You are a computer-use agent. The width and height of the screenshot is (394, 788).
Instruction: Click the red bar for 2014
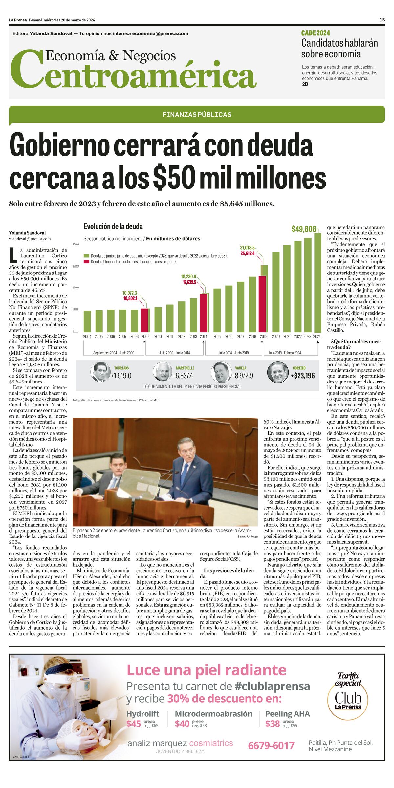tap(204, 313)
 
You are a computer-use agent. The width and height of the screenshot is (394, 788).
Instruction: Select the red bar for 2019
tap(262, 304)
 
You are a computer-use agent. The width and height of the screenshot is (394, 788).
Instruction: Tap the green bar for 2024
tap(317, 283)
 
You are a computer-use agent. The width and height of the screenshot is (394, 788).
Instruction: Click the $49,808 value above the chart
tap(304, 229)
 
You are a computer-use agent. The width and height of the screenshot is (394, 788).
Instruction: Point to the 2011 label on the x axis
tap(170, 336)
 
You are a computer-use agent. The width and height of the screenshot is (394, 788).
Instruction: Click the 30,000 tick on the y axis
tap(76, 266)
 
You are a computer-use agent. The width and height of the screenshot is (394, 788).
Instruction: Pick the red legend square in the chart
tap(86, 262)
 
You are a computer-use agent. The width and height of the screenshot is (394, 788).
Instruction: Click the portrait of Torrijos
tap(100, 372)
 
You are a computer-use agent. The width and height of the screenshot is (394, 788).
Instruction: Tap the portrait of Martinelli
tap(163, 372)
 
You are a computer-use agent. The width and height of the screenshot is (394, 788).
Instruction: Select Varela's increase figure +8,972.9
tap(242, 376)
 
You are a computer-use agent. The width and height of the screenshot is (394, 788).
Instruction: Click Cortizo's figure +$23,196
tap(302, 376)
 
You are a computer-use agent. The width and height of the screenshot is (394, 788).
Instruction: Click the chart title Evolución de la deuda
tap(113, 226)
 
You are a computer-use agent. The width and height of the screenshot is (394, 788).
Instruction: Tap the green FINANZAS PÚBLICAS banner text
tap(197, 115)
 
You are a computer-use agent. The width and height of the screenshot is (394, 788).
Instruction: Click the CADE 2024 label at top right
tap(316, 33)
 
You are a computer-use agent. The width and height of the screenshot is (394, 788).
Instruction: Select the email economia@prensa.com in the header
tap(160, 33)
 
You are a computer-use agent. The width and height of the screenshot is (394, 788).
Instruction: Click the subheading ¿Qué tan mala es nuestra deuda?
tap(354, 344)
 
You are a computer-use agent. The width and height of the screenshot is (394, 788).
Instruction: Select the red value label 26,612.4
tap(247, 253)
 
